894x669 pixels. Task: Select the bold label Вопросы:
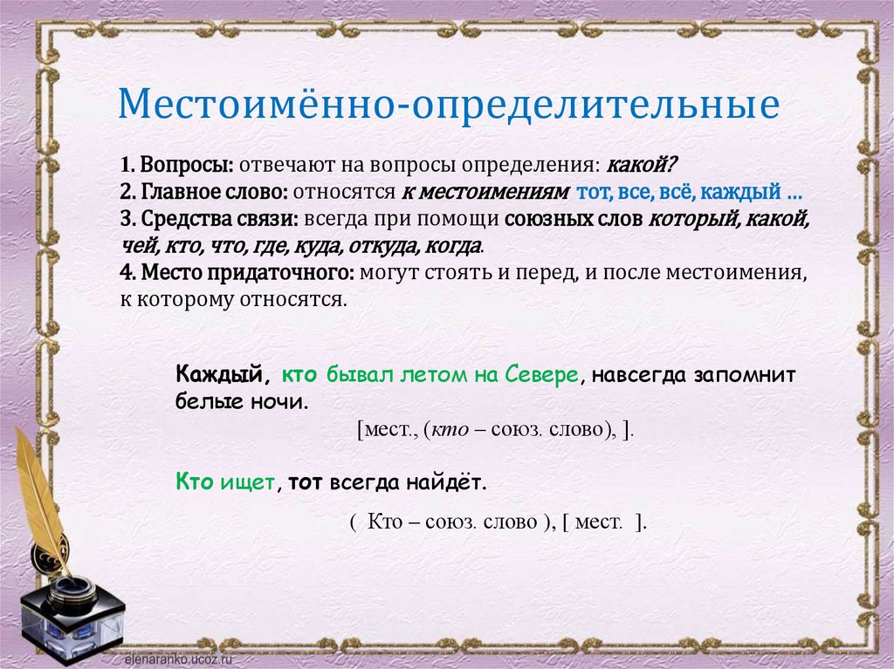(186, 165)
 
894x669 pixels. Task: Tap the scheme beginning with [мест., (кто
(494, 432)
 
